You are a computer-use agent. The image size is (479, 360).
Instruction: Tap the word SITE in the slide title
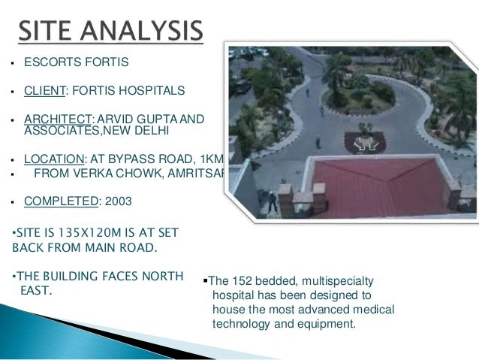47,32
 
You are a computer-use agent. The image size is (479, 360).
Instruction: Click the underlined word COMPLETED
59,201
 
